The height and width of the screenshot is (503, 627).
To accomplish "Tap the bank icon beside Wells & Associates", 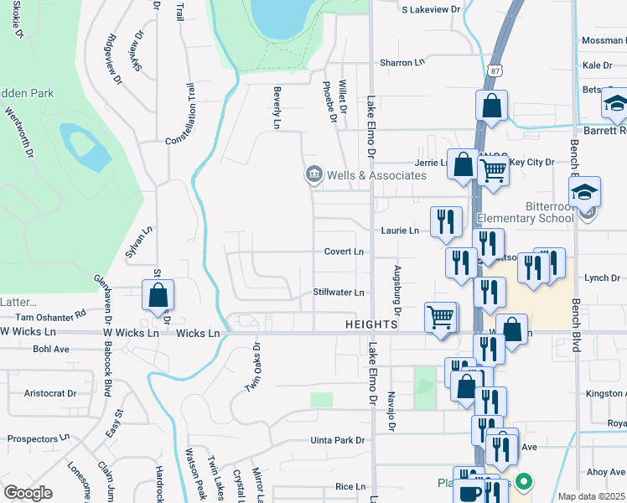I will (x=313, y=174).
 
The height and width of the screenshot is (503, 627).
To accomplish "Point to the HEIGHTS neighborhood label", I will (x=370, y=324).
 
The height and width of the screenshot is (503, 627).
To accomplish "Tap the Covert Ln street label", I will (x=344, y=251).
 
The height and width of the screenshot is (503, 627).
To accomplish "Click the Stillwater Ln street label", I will (x=339, y=293).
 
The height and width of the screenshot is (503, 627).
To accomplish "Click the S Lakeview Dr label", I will (x=432, y=9).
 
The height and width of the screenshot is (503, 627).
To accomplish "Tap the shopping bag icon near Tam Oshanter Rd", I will (x=158, y=295).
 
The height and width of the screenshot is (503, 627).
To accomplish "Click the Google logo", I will (x=28, y=493).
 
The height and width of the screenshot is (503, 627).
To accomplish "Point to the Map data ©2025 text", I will (x=591, y=496).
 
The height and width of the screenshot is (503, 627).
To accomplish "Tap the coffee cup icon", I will (x=470, y=492).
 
